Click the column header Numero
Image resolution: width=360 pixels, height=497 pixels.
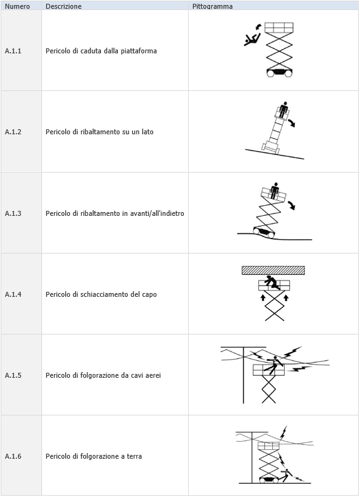tap(17, 6)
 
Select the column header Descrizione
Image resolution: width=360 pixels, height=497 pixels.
tap(63, 6)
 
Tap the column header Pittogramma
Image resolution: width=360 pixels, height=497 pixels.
tap(212, 6)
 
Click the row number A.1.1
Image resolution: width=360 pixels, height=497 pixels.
tap(13, 51)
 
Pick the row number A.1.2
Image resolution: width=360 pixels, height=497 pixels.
tap(13, 132)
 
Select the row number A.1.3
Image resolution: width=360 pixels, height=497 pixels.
tap(13, 213)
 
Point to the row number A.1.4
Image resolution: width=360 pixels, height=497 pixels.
tap(13, 294)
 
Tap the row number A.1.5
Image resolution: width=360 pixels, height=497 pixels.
tap(13, 375)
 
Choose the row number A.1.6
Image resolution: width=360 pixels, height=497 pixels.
tap(13, 456)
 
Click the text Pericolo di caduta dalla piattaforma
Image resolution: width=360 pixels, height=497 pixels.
tap(101, 51)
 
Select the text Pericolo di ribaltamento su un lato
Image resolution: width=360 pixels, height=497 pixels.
tap(99, 132)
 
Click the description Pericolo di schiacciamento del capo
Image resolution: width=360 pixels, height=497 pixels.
tap(101, 294)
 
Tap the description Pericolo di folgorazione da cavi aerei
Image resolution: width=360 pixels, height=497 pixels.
tap(103, 375)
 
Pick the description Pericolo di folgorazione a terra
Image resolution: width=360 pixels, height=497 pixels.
tap(93, 456)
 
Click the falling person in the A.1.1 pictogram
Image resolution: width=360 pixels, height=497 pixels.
tap(252, 40)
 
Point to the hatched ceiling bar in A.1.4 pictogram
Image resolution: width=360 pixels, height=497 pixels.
tap(273, 270)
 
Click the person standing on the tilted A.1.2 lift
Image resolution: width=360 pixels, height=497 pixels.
tap(283, 109)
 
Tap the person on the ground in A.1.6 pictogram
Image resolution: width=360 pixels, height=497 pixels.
tap(286, 474)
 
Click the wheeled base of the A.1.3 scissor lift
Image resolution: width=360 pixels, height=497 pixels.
tap(264, 232)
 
